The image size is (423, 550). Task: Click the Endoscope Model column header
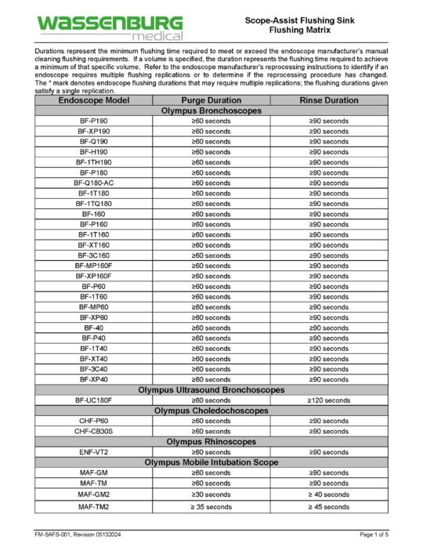93,100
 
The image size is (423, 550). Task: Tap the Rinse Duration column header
329,100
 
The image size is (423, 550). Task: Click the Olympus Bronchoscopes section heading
211,110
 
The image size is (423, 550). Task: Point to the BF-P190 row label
93,121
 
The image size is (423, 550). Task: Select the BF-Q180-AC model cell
93,183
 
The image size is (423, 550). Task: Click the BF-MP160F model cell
93,266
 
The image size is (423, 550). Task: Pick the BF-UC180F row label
93,400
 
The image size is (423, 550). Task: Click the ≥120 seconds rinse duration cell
329,400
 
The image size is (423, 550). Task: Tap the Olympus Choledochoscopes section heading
211,410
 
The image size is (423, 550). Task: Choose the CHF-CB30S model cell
93,431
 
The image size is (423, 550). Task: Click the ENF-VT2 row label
93,452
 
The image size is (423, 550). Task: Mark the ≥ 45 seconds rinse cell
329,507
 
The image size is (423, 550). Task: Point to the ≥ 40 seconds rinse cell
329,494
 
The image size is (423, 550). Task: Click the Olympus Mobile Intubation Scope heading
211,462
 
